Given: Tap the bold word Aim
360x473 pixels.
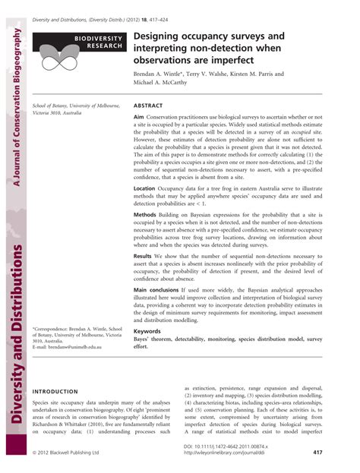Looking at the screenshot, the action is pos(139,118).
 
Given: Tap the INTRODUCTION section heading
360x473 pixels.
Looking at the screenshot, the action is pos(58,391).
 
